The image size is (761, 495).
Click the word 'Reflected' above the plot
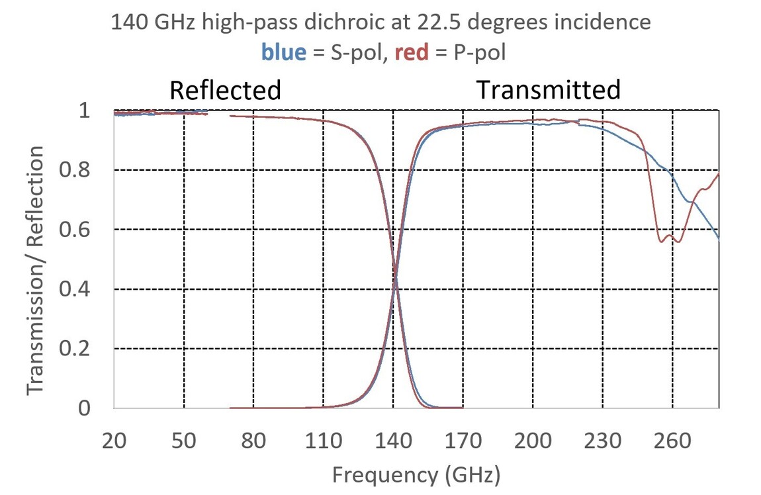tap(225, 90)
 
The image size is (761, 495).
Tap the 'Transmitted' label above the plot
tap(549, 89)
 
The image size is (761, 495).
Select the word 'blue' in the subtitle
tap(284, 52)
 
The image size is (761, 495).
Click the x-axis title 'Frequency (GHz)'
tap(416, 474)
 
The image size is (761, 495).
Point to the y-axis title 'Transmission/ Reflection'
tap(36, 271)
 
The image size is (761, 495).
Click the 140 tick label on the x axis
tap(393, 440)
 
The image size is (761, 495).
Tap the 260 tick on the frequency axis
tap(672, 440)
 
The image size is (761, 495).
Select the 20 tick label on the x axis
tap(114, 440)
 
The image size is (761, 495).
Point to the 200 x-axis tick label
tap(533, 440)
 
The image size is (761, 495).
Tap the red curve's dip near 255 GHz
tap(661, 241)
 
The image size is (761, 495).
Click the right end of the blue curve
tap(718, 238)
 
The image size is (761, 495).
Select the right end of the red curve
tap(718, 174)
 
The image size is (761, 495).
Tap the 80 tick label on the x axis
tap(253, 440)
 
